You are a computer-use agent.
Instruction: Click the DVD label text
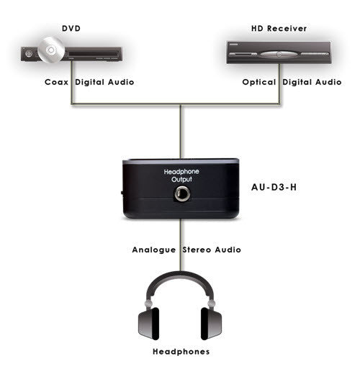pos(71,29)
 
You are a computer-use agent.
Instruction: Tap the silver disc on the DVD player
pos(51,50)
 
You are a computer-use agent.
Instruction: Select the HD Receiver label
pos(279,29)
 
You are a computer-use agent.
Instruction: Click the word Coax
pos(56,82)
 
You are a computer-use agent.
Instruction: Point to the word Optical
pos(259,82)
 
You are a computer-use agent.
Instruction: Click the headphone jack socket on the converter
pos(182,193)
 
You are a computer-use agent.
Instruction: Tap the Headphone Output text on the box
pos(181,175)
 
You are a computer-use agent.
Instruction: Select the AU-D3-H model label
pos(274,187)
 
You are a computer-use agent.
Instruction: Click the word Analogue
pos(154,250)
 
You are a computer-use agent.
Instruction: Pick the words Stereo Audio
pos(212,250)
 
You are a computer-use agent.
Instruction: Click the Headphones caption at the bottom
pos(181,352)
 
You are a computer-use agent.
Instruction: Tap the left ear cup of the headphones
pos(149,324)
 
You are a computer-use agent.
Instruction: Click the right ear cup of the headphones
pos(211,324)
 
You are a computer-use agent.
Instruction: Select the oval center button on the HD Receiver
pos(279,55)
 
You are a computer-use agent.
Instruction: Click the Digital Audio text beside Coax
pos(104,82)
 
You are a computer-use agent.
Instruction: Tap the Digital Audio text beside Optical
pos(312,82)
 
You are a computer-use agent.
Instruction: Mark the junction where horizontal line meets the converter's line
pos(181,104)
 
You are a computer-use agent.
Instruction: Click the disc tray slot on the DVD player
pos(93,53)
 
